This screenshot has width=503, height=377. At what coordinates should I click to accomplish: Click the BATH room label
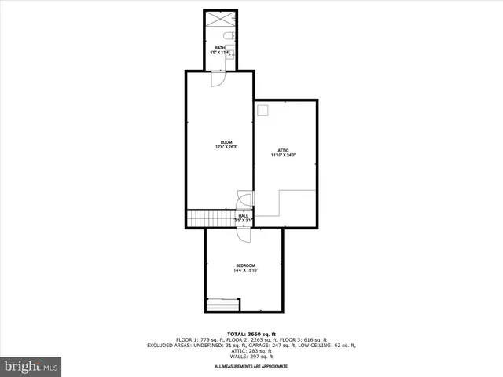click(x=220, y=48)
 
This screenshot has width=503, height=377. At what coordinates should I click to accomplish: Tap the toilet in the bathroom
click(x=229, y=37)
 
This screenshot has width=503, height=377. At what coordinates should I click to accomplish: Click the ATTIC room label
click(x=283, y=150)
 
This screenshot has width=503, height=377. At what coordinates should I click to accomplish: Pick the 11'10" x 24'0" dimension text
click(x=283, y=155)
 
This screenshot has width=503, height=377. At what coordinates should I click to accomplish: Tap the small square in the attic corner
click(x=264, y=110)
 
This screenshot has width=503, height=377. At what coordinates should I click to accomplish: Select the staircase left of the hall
click(x=211, y=218)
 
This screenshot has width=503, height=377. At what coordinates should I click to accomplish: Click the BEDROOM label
click(x=245, y=265)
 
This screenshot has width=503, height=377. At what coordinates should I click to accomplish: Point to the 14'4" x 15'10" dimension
click(x=245, y=270)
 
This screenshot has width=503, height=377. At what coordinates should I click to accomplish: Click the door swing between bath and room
click(x=219, y=79)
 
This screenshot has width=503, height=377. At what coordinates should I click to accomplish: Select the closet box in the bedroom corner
click(x=222, y=303)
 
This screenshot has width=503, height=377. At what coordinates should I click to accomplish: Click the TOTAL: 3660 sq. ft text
click(x=251, y=334)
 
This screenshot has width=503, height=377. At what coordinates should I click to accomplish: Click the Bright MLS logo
click(x=31, y=366)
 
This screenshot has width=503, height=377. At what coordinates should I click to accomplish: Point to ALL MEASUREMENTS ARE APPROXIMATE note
click(x=251, y=367)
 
